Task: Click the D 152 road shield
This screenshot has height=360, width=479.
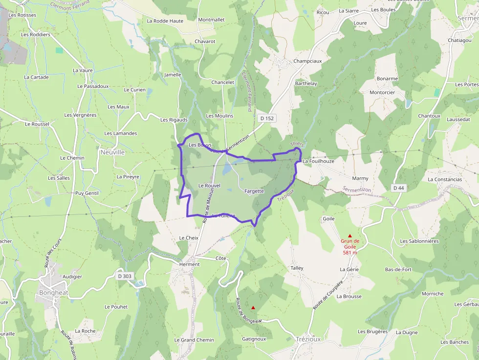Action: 267,118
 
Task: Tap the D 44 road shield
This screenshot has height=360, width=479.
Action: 399,188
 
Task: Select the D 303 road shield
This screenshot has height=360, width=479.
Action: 125,276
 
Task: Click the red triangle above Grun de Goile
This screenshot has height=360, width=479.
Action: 350,235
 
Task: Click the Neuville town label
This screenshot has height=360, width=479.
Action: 112,152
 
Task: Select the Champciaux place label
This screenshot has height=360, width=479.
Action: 307,62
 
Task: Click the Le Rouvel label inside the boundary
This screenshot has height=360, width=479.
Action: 210,186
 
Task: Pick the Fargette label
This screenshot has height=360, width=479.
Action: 254,191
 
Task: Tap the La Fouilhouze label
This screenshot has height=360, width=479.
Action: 318,161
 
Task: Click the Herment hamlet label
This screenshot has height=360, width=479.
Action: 190,264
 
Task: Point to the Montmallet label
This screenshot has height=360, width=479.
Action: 211,20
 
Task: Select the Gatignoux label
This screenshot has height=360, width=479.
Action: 254,339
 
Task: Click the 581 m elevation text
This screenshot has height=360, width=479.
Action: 350,253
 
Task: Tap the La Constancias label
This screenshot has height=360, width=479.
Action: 444,179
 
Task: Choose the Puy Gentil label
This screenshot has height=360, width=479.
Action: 87,193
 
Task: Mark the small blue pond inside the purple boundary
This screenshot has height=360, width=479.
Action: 227,169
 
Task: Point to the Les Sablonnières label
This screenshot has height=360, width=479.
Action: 420,241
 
